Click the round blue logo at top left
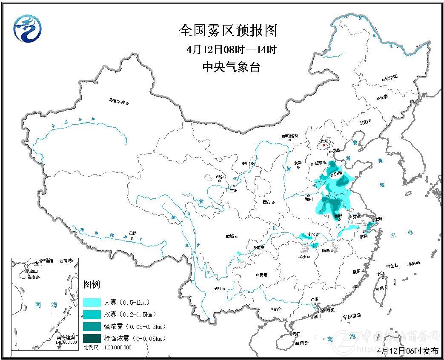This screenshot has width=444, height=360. click(x=29, y=29)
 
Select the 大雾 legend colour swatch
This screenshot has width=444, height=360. click(x=92, y=303)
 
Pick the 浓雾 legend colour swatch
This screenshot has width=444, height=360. click(x=92, y=315)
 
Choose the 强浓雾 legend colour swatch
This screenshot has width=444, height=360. click(x=92, y=327)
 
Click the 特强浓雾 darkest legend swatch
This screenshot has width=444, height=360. click(x=92, y=339)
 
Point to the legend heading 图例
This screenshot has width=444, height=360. click(x=91, y=284)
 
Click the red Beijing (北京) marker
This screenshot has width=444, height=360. click(x=324, y=145)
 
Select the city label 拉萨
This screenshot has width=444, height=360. click(x=133, y=233)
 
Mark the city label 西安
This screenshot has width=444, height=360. click(x=266, y=202)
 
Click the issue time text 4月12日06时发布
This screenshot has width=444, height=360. click(x=408, y=351)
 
